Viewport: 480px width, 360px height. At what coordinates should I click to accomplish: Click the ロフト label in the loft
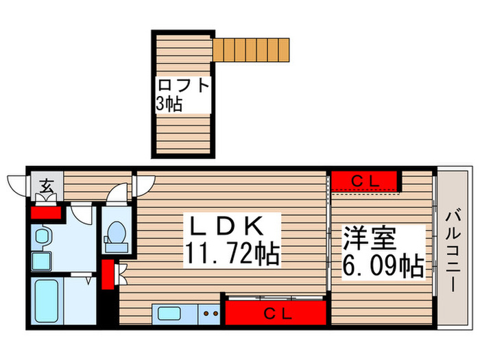182,86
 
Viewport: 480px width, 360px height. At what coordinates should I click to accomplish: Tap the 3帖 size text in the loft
168,104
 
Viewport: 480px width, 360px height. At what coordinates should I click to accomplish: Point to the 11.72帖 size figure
231,255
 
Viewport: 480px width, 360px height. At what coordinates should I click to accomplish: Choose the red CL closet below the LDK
274,314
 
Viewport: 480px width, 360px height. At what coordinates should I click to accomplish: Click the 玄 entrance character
46,186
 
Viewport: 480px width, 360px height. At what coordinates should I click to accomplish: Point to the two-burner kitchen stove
211,314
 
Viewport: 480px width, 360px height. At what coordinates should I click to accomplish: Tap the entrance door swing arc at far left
17,184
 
